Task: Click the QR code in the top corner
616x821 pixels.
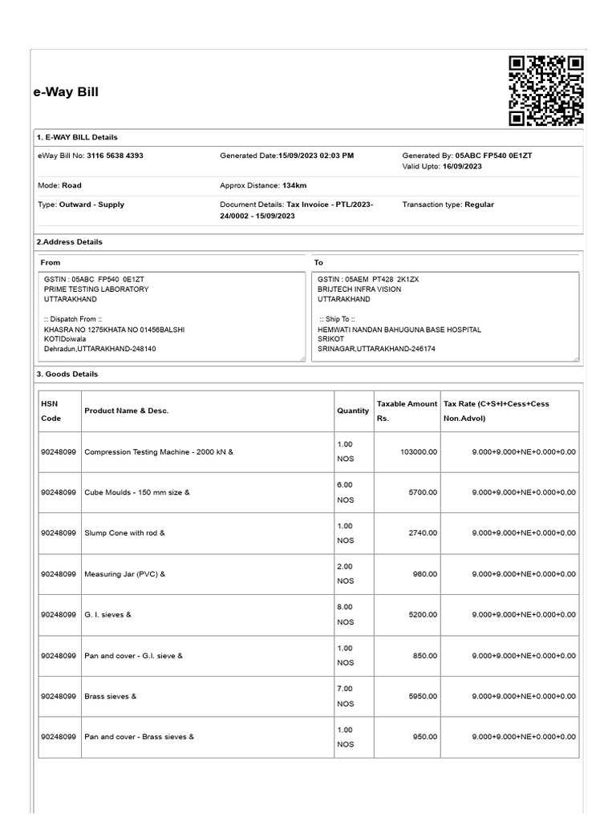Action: (x=546, y=91)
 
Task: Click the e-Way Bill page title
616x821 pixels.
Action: (x=66, y=92)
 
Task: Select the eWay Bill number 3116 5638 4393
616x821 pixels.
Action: (x=115, y=156)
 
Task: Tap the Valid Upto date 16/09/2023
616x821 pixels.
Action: (x=462, y=166)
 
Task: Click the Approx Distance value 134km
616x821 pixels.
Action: (x=294, y=185)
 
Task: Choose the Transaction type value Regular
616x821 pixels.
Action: (x=479, y=204)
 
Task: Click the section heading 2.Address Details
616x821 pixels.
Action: (x=70, y=241)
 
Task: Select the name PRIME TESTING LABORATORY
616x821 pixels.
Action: (x=96, y=289)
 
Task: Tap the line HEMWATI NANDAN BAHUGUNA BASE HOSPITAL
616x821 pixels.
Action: (x=399, y=330)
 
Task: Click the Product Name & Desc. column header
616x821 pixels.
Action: (x=126, y=410)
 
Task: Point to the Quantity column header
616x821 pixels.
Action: (x=353, y=410)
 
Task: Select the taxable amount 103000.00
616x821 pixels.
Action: (x=418, y=452)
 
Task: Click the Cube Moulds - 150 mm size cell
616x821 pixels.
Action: (x=137, y=492)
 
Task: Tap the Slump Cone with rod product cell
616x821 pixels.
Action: (x=124, y=533)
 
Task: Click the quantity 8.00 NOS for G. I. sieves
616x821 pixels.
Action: (x=345, y=614)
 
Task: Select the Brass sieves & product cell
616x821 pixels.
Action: (x=111, y=696)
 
